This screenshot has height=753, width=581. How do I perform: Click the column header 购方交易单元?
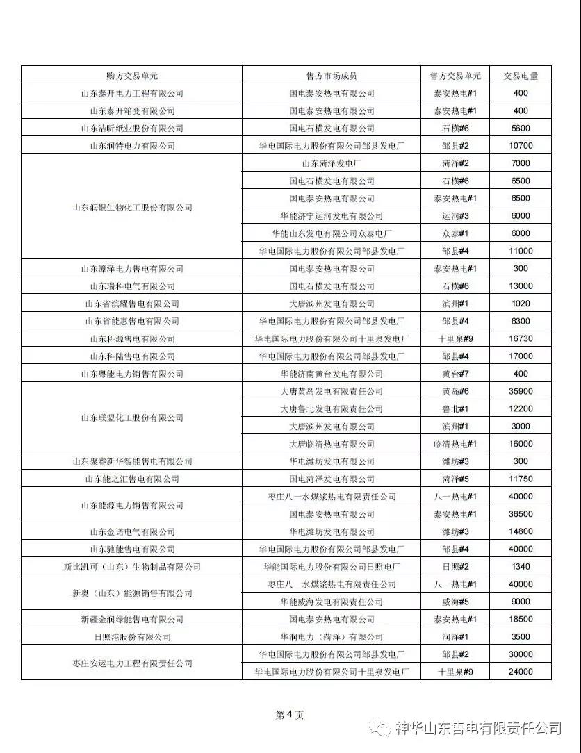coord(132,76)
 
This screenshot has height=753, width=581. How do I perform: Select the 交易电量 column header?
coord(521,76)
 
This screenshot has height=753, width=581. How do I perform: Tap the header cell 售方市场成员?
coord(332,76)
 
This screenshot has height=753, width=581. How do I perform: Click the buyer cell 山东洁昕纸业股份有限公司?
coord(132,129)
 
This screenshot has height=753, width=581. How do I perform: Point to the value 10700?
coord(521,146)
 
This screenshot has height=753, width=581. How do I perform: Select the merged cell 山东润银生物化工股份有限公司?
coord(132,208)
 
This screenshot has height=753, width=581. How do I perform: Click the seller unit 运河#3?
coord(456,216)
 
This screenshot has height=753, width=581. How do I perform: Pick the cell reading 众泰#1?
coord(456,233)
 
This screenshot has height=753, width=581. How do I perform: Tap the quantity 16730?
coord(521,338)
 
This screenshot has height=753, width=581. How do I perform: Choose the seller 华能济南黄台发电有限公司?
coord(332,374)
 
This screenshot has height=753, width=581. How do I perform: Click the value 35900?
coord(521,391)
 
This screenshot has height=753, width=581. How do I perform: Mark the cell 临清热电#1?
coord(456,444)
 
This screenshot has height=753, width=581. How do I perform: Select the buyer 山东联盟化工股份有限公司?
coord(132,417)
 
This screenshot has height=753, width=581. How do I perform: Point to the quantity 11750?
coord(521,479)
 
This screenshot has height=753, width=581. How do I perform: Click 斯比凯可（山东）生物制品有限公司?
coord(132,567)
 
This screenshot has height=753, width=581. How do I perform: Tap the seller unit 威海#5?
coord(456,602)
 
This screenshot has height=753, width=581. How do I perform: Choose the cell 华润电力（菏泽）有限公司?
coord(332,637)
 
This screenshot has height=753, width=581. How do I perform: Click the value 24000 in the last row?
coord(521,672)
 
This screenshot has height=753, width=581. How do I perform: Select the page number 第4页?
coord(290,715)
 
